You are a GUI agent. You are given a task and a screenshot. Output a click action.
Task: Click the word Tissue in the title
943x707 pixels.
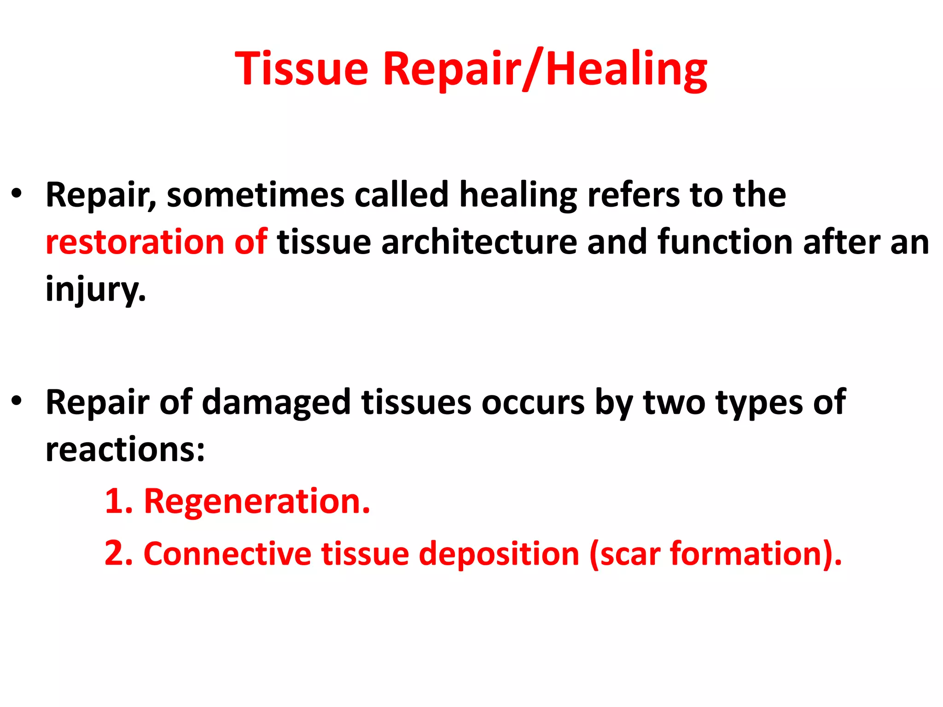click(302, 69)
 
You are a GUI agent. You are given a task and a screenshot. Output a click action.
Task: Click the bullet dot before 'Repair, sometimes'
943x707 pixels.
click(17, 193)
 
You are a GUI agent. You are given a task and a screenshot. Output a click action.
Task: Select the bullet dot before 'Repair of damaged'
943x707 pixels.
click(17, 401)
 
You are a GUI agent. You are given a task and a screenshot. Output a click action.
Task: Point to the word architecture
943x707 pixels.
click(479, 242)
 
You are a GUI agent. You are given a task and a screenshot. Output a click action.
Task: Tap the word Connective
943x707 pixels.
click(227, 553)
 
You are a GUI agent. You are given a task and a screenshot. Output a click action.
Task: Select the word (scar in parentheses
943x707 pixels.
click(625, 554)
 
